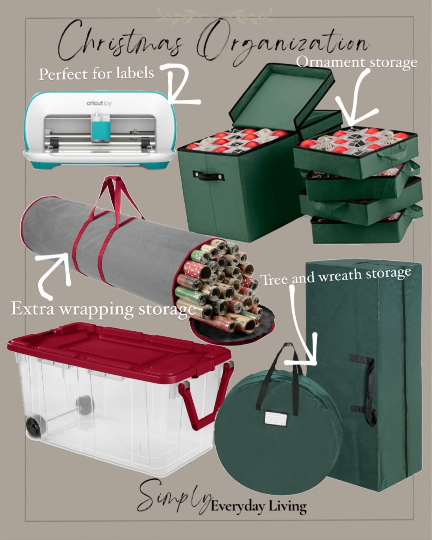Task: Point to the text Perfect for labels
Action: point(96,73)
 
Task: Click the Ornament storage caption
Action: point(357,62)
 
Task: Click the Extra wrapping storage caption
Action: point(103,310)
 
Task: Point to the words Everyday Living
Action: point(259,507)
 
